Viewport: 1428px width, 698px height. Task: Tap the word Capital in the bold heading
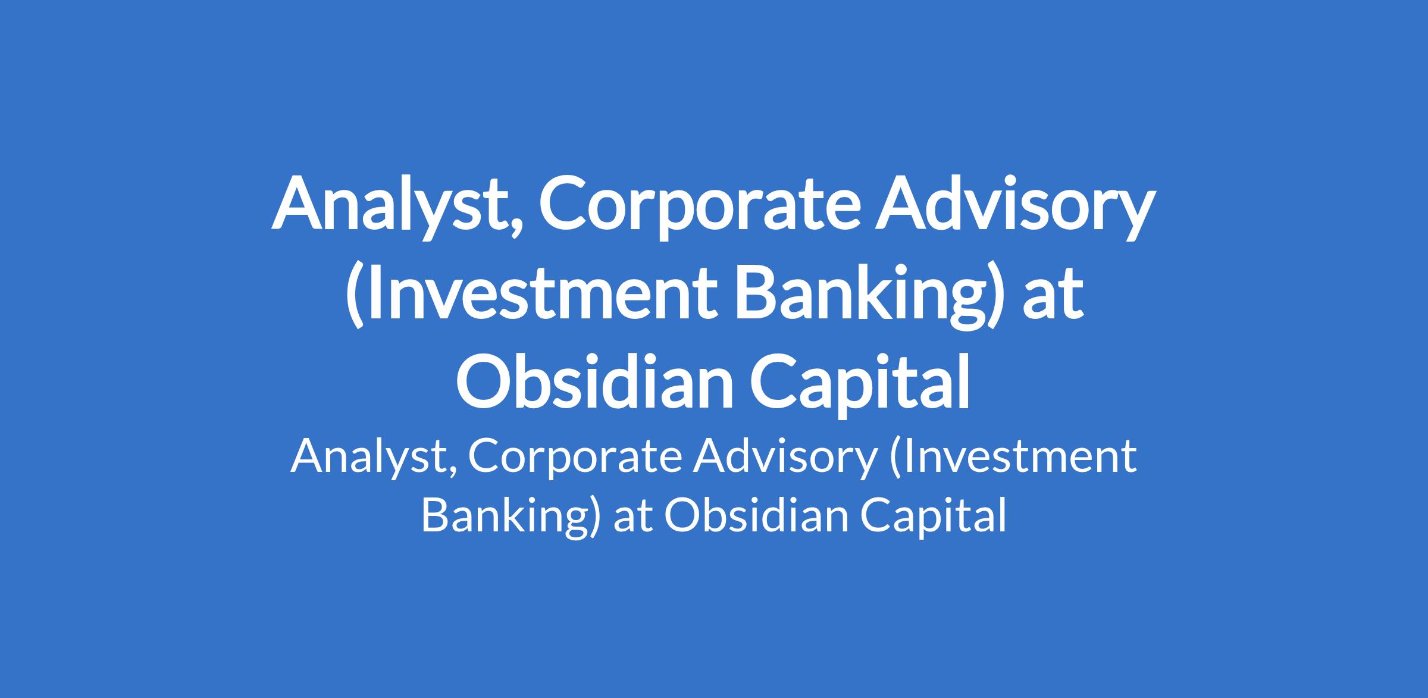click(860, 384)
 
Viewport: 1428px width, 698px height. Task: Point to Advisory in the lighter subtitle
click(785, 458)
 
